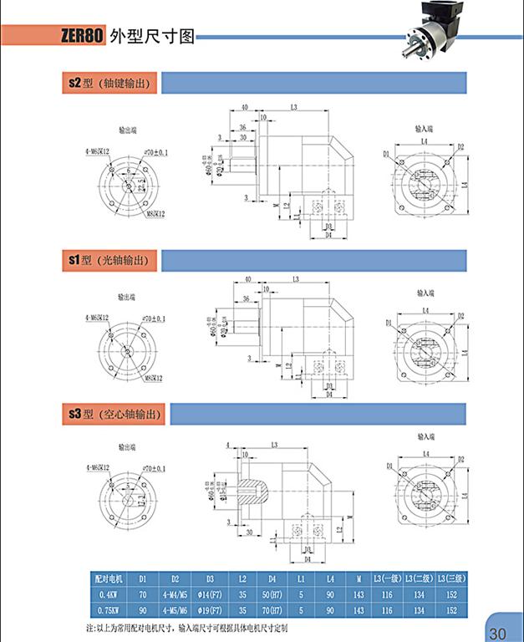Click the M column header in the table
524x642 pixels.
coord(359,578)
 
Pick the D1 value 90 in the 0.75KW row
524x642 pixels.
coord(143,610)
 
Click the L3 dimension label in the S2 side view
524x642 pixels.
coord(296,108)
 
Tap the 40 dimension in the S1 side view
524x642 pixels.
coord(247,280)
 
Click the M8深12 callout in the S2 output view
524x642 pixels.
coord(156,213)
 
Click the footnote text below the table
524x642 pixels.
coord(193,627)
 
